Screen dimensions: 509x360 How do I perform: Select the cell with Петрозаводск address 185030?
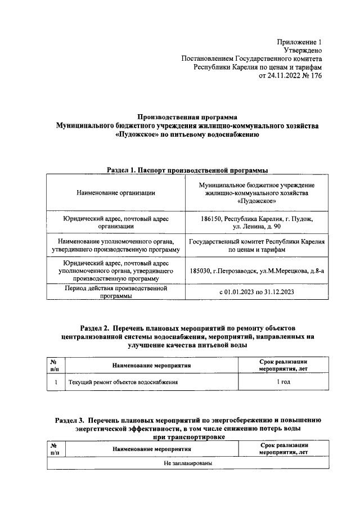tap(256, 271)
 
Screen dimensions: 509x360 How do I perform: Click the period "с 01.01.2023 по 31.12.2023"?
tap(256, 293)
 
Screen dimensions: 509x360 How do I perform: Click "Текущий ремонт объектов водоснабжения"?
tap(123, 382)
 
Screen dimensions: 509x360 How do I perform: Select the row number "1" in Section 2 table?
tap(56, 382)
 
